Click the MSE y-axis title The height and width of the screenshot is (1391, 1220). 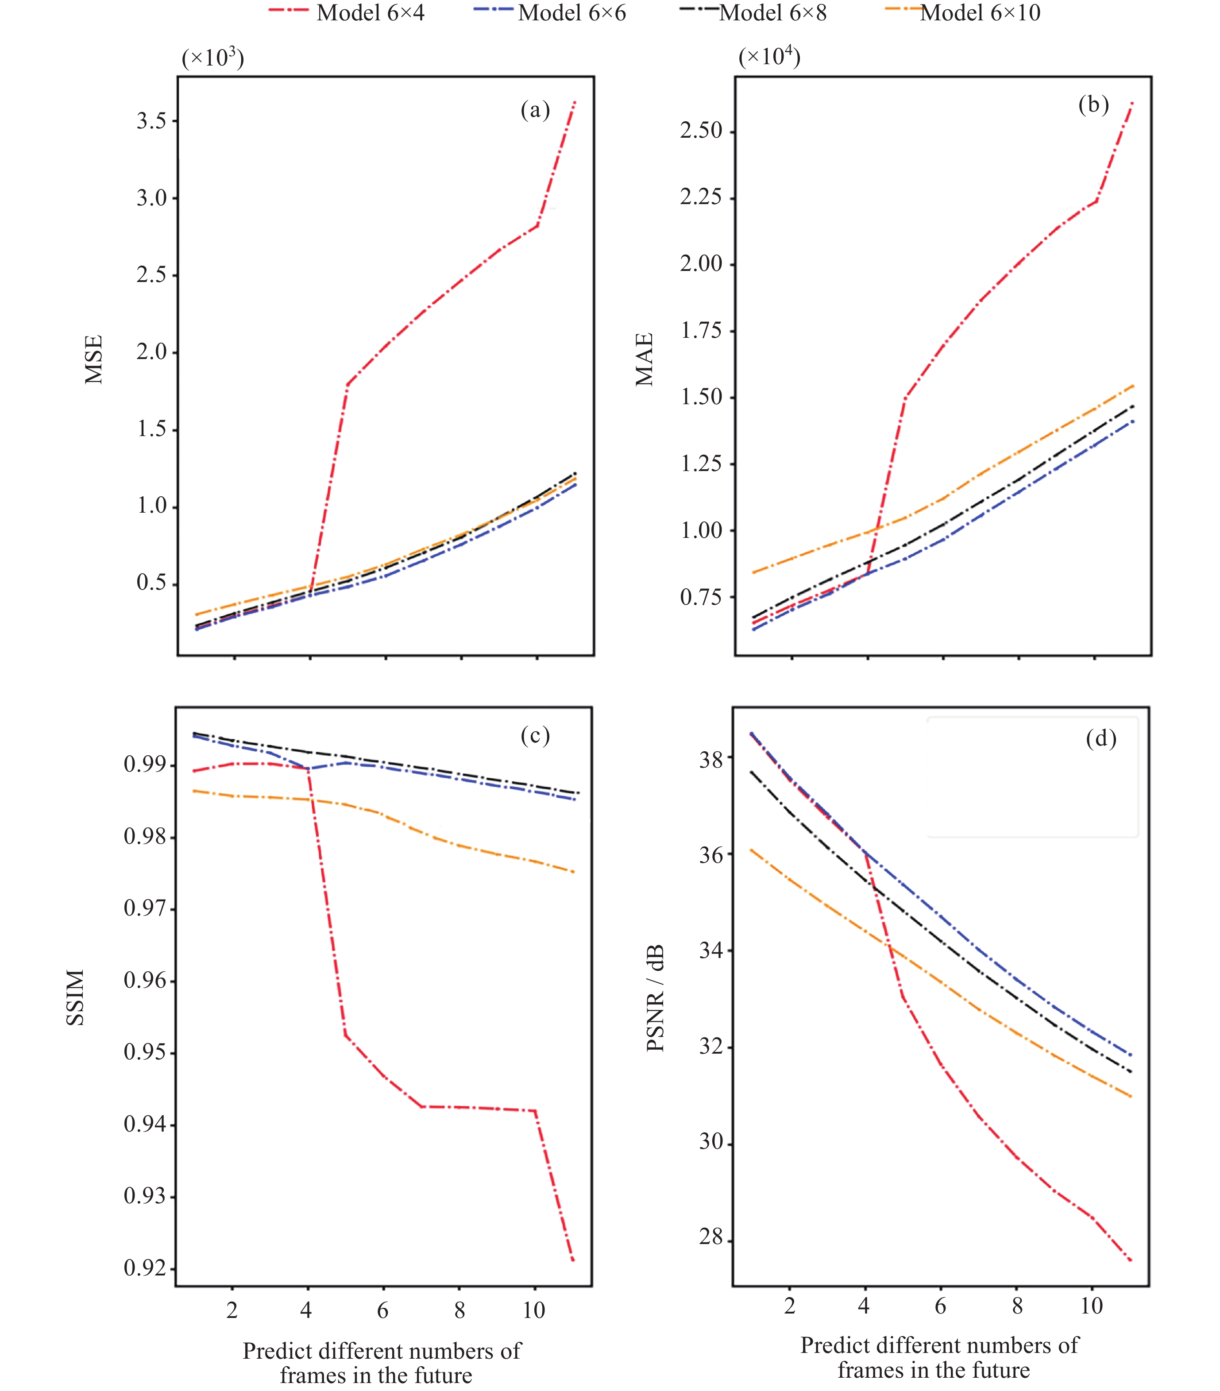click(x=93, y=359)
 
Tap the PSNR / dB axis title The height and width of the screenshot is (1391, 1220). click(x=655, y=998)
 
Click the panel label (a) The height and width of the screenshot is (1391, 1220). click(x=535, y=109)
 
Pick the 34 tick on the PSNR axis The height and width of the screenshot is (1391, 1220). click(x=711, y=950)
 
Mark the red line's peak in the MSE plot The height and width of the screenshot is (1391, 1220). click(x=575, y=101)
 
